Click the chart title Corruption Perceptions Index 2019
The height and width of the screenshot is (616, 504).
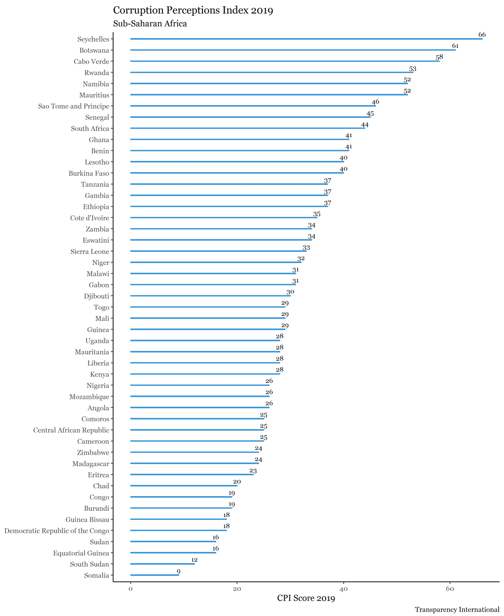[193, 10]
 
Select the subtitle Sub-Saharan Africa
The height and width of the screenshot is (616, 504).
[150, 24]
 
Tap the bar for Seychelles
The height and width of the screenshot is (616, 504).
[306, 39]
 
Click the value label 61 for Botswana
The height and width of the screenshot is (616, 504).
[455, 46]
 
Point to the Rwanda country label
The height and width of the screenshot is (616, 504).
[97, 73]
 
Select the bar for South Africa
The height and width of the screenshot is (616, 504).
[247, 128]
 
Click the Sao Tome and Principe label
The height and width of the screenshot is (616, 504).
[74, 106]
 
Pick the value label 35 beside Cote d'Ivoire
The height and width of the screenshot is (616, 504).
[316, 214]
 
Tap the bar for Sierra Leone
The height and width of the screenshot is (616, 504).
[218, 251]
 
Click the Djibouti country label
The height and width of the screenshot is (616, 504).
[96, 296]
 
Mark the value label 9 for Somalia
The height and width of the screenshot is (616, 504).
[178, 571]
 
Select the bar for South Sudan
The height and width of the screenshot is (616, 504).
[163, 564]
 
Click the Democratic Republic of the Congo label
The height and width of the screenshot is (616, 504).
[57, 531]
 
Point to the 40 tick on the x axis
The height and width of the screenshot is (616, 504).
[344, 589]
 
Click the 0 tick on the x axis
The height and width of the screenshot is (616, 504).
[131, 589]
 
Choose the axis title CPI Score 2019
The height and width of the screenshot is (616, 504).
[306, 598]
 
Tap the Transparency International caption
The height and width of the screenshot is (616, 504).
[457, 609]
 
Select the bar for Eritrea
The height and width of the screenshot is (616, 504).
[192, 474]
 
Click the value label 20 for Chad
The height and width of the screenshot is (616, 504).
[237, 482]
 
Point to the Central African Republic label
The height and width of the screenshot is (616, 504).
[71, 430]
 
